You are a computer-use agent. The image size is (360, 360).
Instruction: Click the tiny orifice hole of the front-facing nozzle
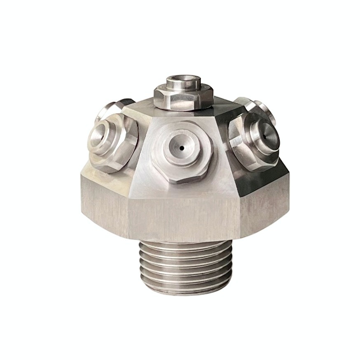(181, 147)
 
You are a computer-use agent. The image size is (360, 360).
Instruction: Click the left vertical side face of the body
(103, 202)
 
